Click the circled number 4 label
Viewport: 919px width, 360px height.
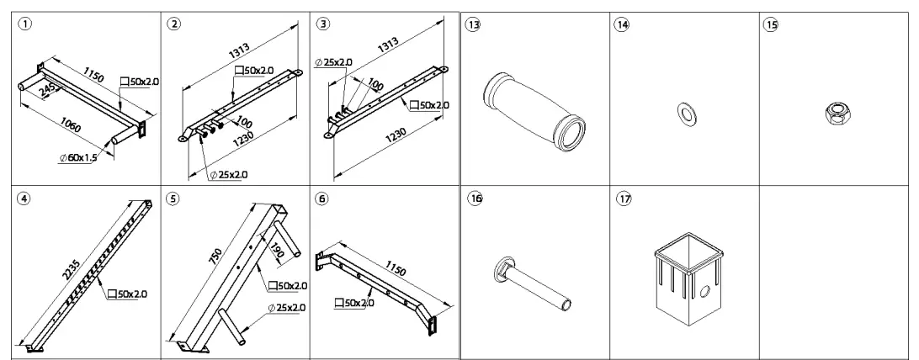click(x=24, y=200)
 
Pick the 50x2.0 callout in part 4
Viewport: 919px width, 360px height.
click(x=129, y=294)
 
